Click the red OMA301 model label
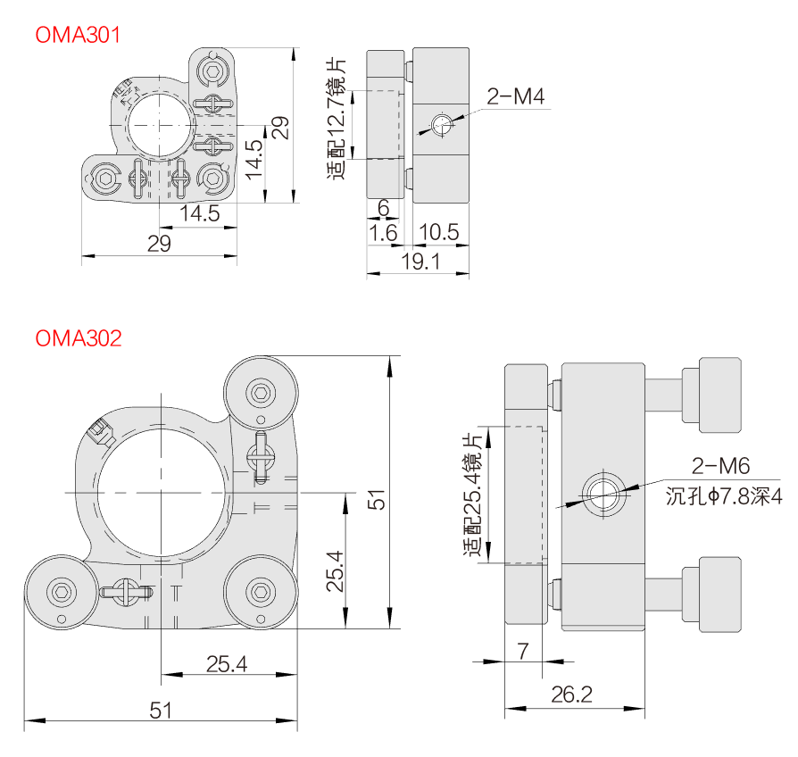78,35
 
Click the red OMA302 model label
78,339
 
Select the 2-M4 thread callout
515,96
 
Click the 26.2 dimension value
572,694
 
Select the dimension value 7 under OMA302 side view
522,651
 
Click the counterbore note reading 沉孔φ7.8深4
723,495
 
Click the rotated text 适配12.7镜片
337,119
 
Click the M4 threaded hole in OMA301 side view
440,125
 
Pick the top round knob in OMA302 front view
262,393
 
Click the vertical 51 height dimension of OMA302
378,498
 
